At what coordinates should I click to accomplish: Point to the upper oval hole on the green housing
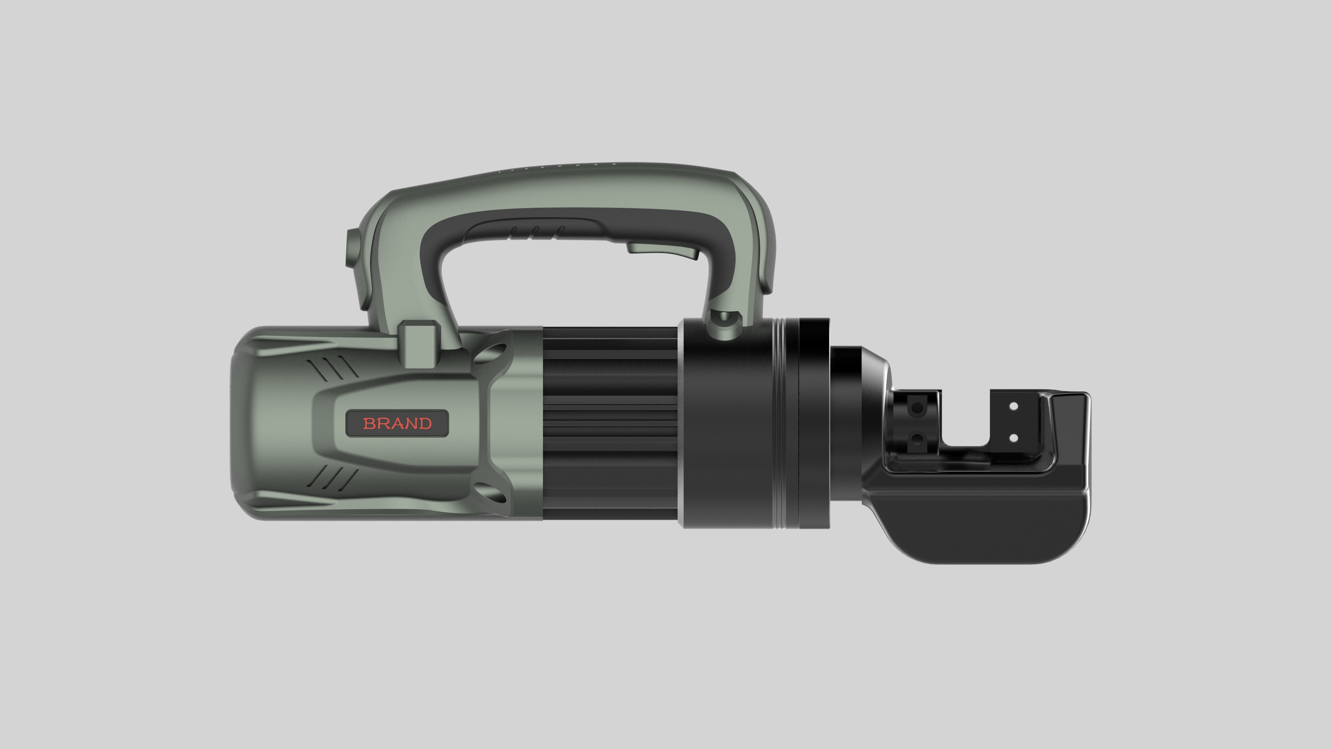pos(489,356)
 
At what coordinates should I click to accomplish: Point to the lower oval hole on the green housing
pos(489,492)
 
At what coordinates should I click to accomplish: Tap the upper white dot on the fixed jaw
pos(1014,406)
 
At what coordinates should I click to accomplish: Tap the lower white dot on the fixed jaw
pos(1014,438)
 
